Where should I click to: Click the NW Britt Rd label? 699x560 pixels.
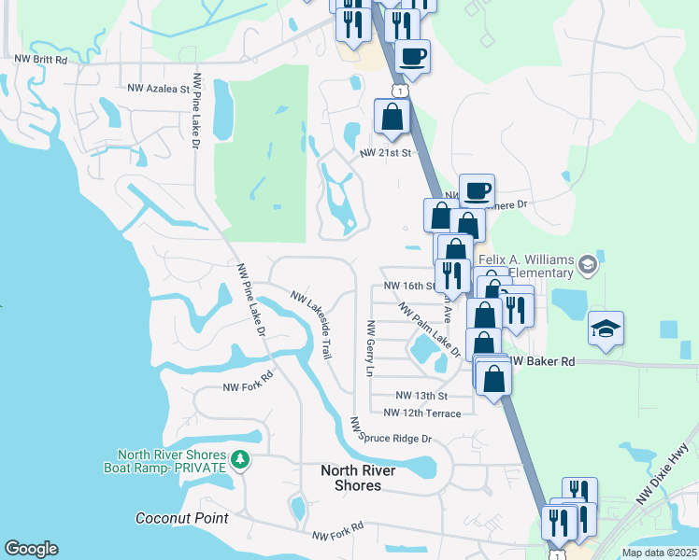41,59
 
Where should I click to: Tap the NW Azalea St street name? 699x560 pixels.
158,89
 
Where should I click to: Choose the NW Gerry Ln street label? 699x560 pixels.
370,349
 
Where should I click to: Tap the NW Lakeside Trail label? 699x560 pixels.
311,325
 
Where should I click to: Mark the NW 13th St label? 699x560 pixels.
417,396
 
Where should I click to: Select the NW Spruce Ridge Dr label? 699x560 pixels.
392,432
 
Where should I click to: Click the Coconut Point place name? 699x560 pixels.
176,518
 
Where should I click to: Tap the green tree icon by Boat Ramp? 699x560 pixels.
240,459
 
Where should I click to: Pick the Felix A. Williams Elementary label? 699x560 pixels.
524,266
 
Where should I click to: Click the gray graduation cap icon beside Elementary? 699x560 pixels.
587,264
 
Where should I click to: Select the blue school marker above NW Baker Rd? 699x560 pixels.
606,330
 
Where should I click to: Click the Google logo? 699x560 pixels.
31,549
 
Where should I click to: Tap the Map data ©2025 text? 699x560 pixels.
660,553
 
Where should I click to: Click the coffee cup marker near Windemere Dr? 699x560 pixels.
477,190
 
